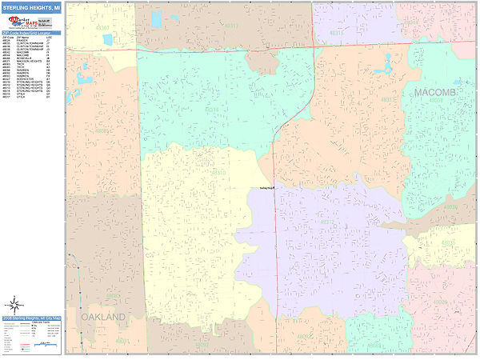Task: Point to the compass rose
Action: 14,304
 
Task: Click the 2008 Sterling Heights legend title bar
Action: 32,318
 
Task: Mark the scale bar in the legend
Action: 42,344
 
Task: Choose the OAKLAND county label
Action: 103,318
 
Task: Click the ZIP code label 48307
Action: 102,27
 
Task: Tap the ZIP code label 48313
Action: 390,99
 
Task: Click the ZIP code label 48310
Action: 218,171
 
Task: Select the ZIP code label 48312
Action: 326,222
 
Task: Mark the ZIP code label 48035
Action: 449,243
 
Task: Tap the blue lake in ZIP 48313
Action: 386,62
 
